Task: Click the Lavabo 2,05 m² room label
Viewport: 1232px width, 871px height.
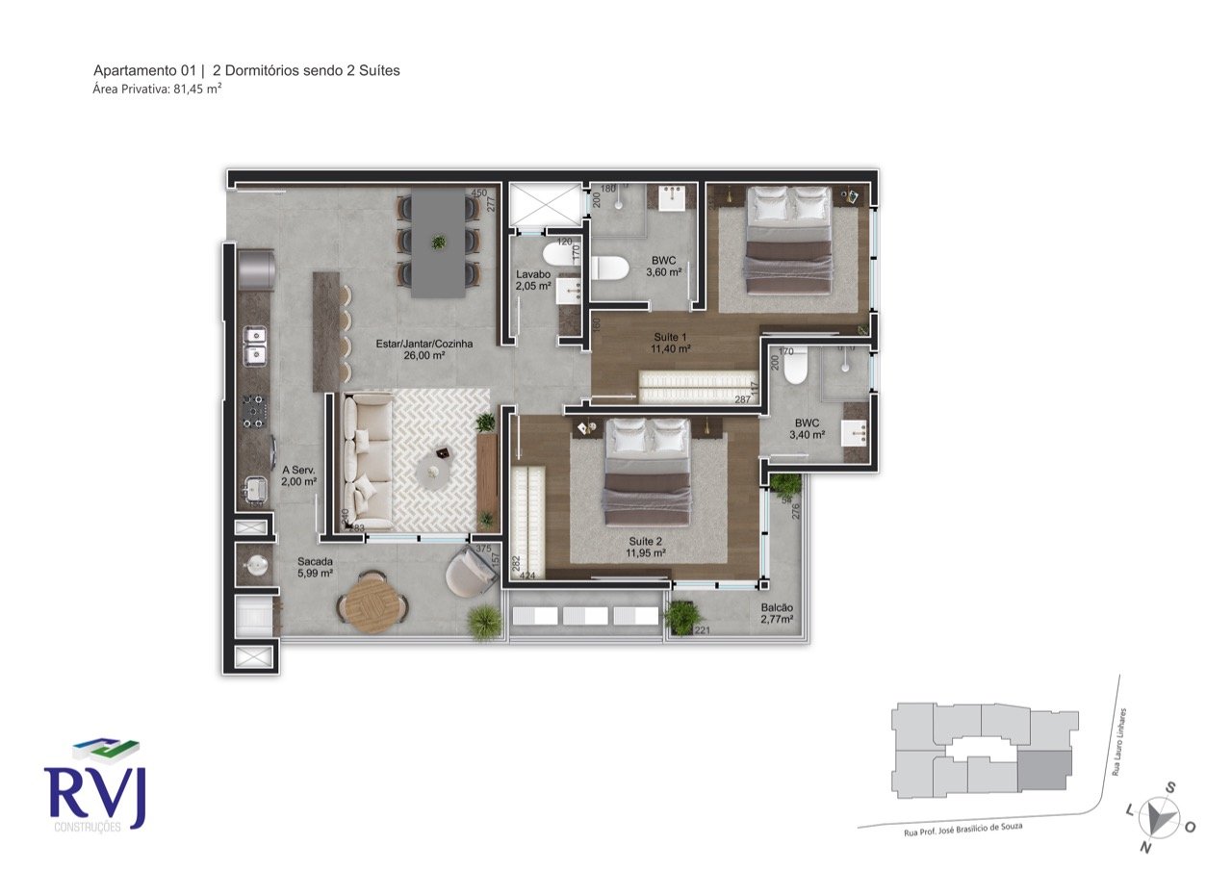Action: pyautogui.click(x=533, y=280)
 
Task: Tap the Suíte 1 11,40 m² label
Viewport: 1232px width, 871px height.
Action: pyautogui.click(x=670, y=343)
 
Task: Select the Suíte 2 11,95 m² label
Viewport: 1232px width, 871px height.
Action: pyautogui.click(x=646, y=547)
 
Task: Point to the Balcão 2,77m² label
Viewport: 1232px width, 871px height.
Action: pyautogui.click(x=777, y=614)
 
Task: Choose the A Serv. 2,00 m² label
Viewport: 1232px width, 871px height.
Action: pyautogui.click(x=299, y=475)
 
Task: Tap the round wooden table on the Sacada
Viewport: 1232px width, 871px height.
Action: pyautogui.click(x=372, y=602)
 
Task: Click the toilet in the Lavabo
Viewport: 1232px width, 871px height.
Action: pyautogui.click(x=557, y=256)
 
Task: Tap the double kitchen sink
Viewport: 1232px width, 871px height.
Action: pyautogui.click(x=255, y=346)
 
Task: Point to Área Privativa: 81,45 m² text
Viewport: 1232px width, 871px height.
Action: pyautogui.click(x=158, y=89)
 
